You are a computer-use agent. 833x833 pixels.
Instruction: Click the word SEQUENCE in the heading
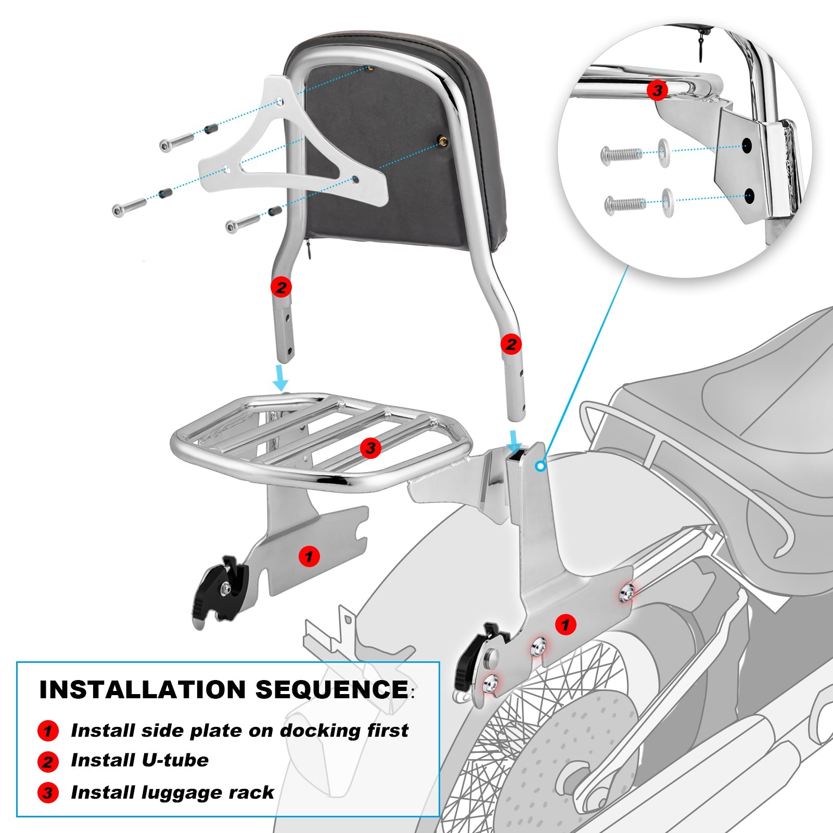(x=331, y=690)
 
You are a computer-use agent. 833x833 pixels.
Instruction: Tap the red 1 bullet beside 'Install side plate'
(x=48, y=731)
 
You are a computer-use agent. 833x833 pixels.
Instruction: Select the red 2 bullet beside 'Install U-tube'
(x=48, y=762)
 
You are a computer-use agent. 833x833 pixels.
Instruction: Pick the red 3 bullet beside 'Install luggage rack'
(x=48, y=793)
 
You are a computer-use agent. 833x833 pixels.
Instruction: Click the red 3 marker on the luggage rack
(x=370, y=448)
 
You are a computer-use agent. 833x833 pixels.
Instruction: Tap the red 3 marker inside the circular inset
(x=657, y=91)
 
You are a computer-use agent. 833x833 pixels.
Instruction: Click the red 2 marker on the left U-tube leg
(x=281, y=287)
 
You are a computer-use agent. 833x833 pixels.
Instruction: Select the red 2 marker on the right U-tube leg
(x=511, y=344)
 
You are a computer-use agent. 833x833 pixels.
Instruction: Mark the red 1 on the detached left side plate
(x=309, y=557)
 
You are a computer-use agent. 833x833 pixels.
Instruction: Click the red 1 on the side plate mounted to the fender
(x=566, y=624)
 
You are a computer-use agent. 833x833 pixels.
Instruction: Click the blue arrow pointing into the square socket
(x=515, y=440)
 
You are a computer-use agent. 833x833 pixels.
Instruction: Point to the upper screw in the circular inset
(x=621, y=154)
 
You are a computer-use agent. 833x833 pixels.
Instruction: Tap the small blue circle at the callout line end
(x=541, y=467)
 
